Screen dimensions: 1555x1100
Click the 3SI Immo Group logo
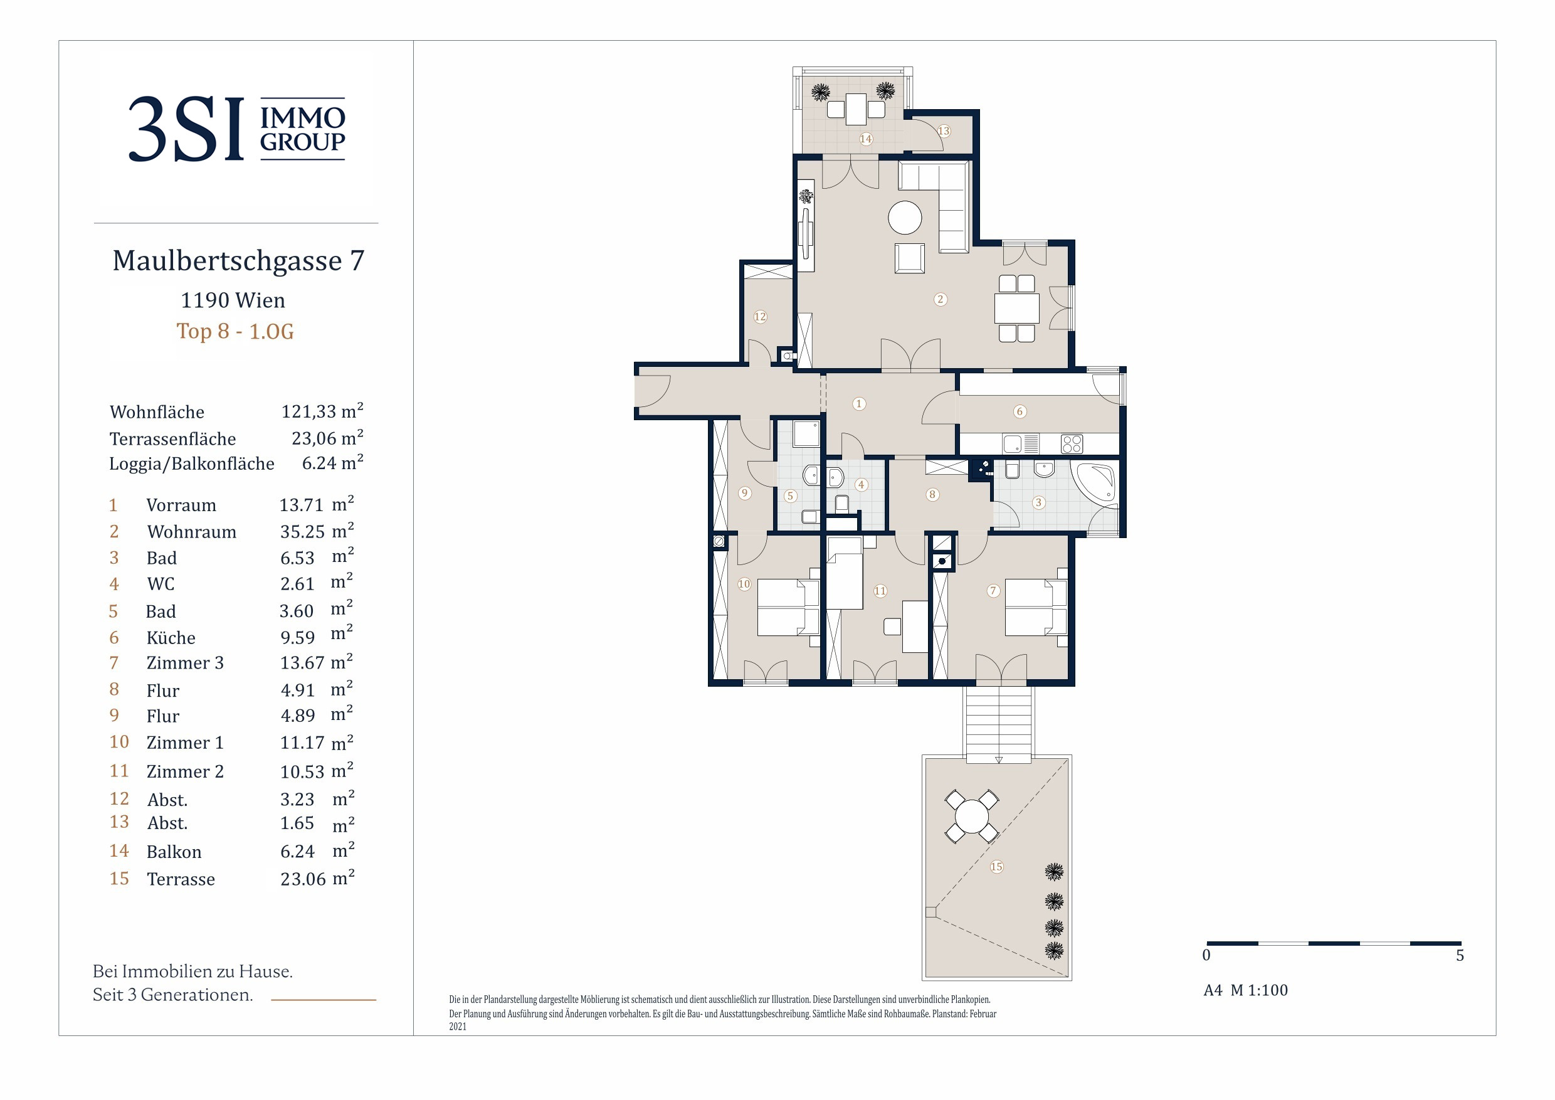[x=237, y=129]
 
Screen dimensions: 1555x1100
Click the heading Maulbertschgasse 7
[x=238, y=261]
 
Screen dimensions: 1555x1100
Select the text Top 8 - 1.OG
[x=235, y=331]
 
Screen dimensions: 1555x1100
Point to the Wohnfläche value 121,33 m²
[x=322, y=411]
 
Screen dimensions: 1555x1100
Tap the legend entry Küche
[x=171, y=638]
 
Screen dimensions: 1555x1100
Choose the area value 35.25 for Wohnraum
[x=303, y=532]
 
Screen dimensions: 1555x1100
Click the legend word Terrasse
[x=181, y=879]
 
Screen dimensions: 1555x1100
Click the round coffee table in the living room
[x=905, y=218]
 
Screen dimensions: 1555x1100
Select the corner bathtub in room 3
[x=1092, y=482]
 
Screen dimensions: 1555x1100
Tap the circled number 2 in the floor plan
[x=940, y=299]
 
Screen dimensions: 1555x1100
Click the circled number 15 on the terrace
[x=996, y=866]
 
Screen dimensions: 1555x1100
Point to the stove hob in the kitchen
[x=1072, y=443]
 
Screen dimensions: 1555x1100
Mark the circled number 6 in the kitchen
[x=1020, y=411]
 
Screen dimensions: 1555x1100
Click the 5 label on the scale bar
[x=1460, y=955]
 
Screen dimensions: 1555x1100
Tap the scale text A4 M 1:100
[x=1245, y=990]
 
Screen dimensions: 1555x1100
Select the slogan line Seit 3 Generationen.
[x=172, y=995]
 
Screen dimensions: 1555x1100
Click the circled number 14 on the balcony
[x=865, y=139]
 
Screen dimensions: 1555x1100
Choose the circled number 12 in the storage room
[x=760, y=316]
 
